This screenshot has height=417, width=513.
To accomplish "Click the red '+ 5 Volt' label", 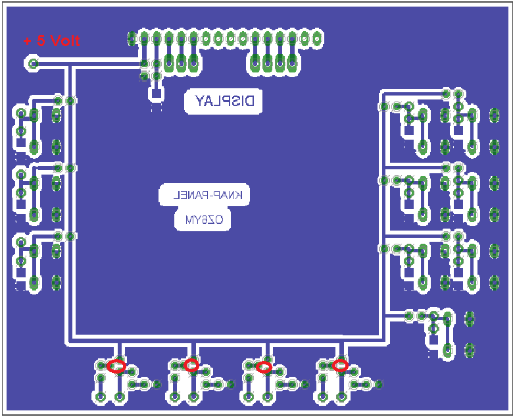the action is coord(52,41).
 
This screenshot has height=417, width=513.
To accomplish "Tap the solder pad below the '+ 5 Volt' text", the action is coord(33,63).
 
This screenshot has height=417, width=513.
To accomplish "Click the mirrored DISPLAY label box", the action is coord(224,101).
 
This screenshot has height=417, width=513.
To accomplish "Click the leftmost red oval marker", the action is coord(116,366).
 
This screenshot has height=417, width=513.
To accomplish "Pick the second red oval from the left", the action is coord(191,365).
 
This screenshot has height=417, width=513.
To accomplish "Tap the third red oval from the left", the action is coord(264,367).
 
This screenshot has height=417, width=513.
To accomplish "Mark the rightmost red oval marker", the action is coord(340,365).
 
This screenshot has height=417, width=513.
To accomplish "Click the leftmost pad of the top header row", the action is coord(132,39).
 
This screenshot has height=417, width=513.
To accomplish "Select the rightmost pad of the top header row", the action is coord(316,39).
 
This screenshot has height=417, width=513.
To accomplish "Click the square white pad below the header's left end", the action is coord(157,94).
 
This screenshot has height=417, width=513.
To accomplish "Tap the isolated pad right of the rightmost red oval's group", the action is coord(379,384).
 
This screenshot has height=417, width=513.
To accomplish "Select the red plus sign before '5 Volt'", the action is coord(28,42).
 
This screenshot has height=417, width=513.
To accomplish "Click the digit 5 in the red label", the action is coord(41,41).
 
